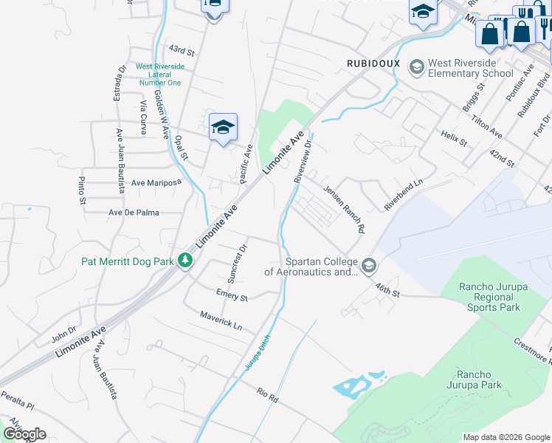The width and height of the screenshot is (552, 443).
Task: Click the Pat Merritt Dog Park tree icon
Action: pyautogui.click(x=186, y=261)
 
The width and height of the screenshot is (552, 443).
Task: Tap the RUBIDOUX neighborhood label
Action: pyautogui.click(x=373, y=63)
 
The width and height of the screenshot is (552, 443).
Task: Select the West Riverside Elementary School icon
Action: pyautogui.click(x=417, y=68)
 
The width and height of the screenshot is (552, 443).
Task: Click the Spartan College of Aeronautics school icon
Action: pyautogui.click(x=368, y=265)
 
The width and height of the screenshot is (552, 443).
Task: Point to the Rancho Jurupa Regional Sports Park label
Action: pyautogui.click(x=489, y=297)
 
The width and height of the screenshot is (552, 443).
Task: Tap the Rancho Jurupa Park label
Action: pyautogui.click(x=474, y=380)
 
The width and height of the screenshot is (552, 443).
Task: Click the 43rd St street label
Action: pyautogui.click(x=181, y=51)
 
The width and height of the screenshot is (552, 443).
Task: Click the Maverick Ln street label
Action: pyautogui.click(x=220, y=320)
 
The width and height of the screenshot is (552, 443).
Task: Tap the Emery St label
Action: pyautogui.click(x=231, y=296)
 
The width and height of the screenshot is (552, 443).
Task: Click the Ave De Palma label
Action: pyautogui.click(x=134, y=213)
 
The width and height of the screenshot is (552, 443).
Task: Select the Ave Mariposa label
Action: pyautogui.click(x=156, y=182)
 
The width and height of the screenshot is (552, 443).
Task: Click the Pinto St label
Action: pyautogui.click(x=83, y=190)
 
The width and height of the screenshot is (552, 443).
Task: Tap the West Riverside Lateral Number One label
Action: pyautogui.click(x=160, y=75)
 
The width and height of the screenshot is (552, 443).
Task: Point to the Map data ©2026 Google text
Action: pyautogui.click(x=506, y=437)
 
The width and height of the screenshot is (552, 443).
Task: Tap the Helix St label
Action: pyautogui.click(x=455, y=138)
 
